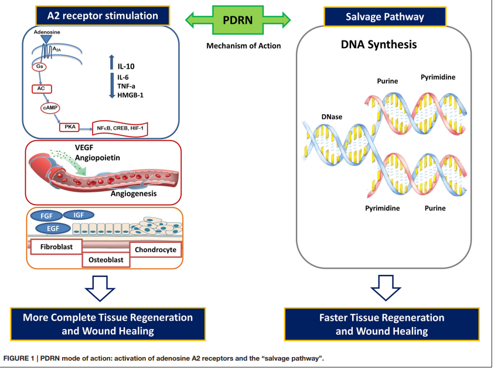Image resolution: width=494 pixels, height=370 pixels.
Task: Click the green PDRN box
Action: [238, 20]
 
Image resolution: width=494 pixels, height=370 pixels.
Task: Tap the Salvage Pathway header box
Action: [382, 15]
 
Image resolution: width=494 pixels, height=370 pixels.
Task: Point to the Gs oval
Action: [39, 67]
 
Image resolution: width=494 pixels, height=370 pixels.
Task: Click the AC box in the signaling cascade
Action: [42, 89]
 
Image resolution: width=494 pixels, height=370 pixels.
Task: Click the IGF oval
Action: [79, 215]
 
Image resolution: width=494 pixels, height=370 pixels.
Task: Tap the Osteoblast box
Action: [105, 259]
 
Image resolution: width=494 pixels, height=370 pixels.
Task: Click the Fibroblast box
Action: [56, 247]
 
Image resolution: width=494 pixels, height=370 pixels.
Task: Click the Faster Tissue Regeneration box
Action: [381, 324]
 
